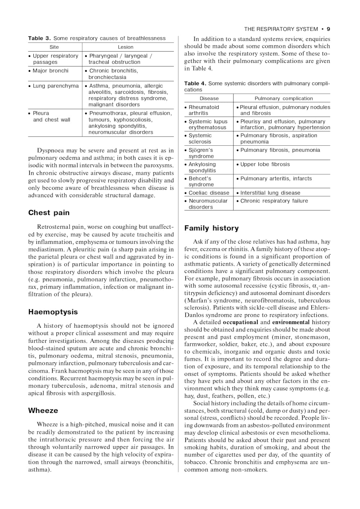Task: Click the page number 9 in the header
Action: click(328, 29)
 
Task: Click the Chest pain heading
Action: click(49, 213)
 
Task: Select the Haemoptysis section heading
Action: click(53, 312)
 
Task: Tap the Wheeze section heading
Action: click(43, 410)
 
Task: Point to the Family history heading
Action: click(211, 228)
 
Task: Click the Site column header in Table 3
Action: click(54, 47)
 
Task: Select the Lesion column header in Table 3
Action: click(126, 47)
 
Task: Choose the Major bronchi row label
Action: click(50, 71)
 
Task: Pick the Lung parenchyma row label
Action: click(55, 86)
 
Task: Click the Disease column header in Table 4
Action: click(209, 99)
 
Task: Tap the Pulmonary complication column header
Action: click(284, 99)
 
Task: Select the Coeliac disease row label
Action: click(209, 193)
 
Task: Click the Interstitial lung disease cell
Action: click(270, 193)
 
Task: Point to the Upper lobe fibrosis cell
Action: click(265, 164)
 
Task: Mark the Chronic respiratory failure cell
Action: click(274, 201)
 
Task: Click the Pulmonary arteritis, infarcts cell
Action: click(276, 179)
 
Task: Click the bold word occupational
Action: click(240, 322)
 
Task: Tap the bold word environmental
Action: click(291, 322)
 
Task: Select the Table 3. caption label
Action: click(40, 38)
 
